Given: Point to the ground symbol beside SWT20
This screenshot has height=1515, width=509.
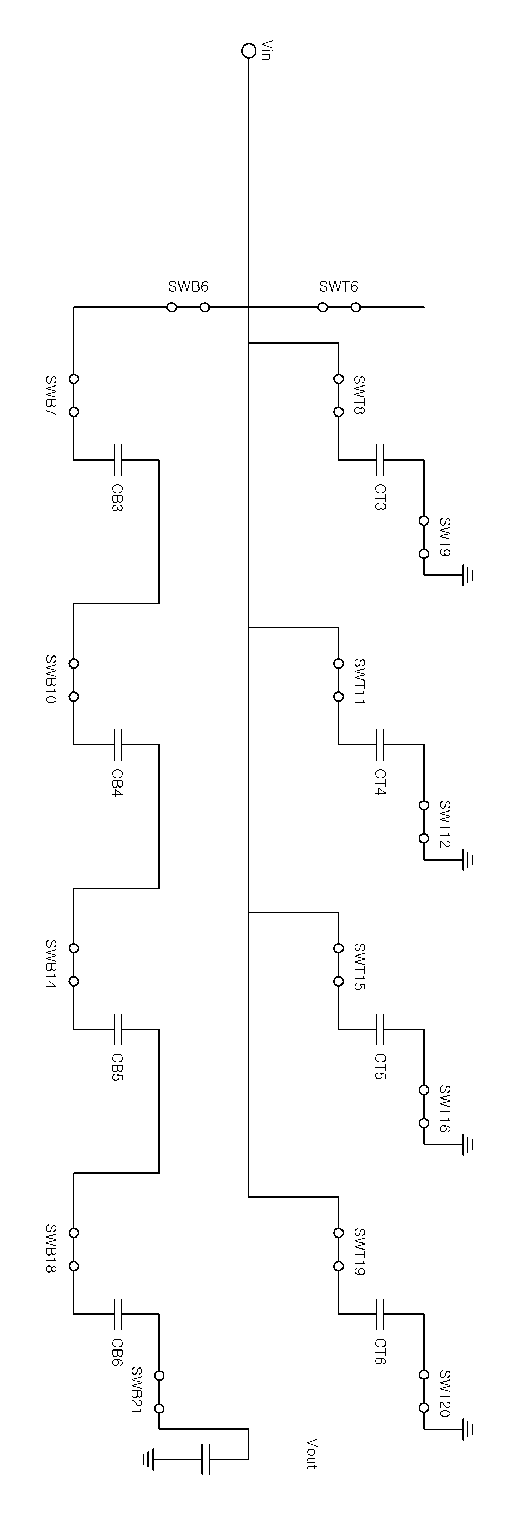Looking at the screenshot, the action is tap(468, 1430).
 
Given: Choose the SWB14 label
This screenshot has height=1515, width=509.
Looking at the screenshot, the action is tap(51, 964).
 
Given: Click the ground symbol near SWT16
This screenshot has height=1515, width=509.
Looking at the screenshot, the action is tap(468, 1145).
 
